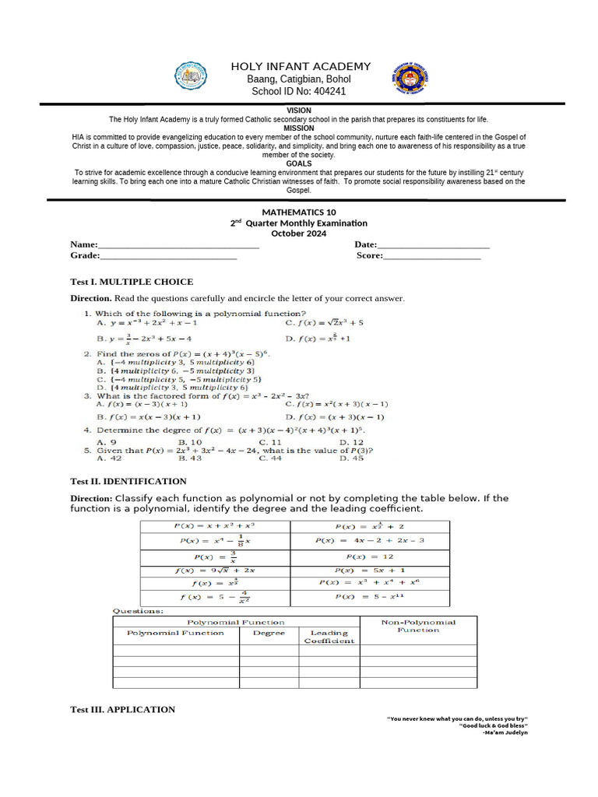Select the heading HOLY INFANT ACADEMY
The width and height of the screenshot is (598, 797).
[301, 66]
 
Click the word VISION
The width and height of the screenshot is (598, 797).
[299, 111]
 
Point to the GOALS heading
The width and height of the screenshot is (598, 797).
[299, 163]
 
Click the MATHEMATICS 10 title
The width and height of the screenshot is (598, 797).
[299, 212]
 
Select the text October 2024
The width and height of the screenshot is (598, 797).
[299, 233]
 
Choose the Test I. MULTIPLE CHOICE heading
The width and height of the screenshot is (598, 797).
[132, 282]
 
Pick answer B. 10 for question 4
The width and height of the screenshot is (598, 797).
[190, 442]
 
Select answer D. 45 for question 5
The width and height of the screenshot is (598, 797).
[352, 458]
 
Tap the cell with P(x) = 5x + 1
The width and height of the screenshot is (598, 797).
[370, 570]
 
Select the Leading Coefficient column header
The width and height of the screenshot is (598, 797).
[329, 637]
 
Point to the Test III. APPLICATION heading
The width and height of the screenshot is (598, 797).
[123, 709]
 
